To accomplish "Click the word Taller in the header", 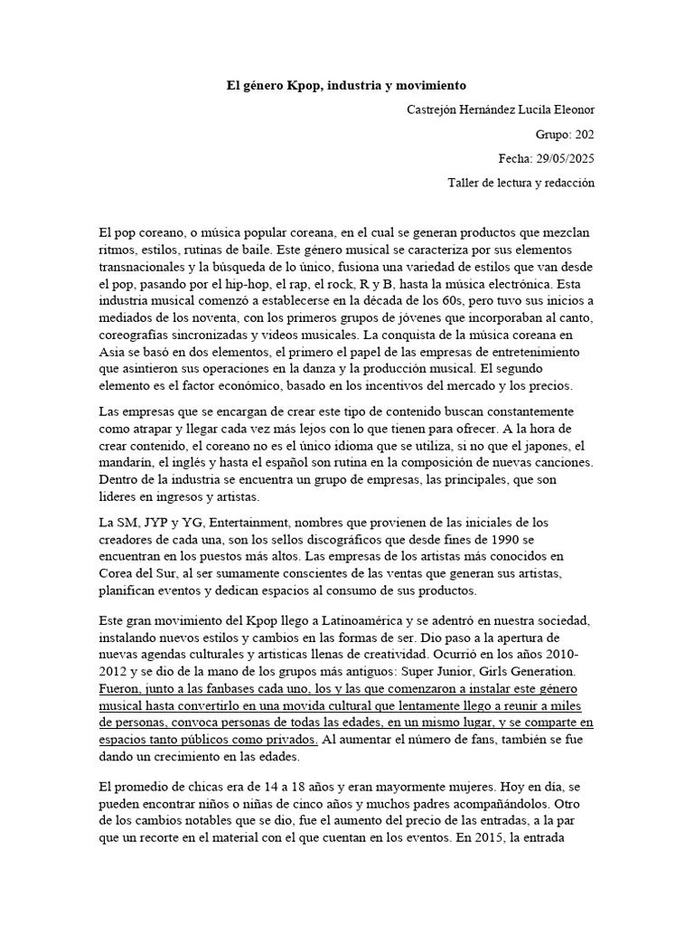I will tap(465, 184).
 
